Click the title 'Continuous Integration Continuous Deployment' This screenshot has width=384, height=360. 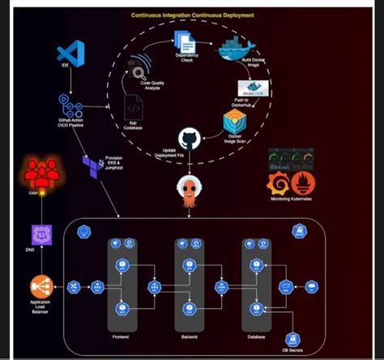192,15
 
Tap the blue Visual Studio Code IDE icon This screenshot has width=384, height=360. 73,53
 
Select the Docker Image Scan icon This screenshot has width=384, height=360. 235,122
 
